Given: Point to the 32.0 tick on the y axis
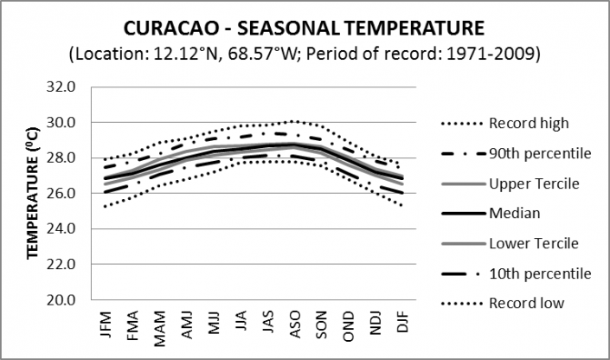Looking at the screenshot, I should (70, 87).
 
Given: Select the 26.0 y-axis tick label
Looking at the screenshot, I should (70, 194).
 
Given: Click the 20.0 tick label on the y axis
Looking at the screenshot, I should (70, 300).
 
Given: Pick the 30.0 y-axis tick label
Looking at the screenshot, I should (70, 123).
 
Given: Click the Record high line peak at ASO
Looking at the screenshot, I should (293, 121).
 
